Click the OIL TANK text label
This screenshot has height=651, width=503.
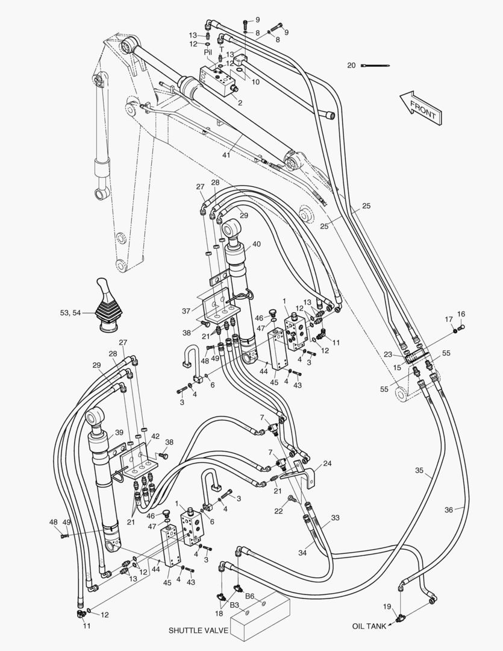point(370,626)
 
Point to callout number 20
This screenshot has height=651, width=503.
point(351,65)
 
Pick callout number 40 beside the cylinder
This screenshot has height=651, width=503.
point(257,244)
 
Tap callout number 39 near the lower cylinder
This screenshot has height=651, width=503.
point(119,432)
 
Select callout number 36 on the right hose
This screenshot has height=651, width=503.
point(449,510)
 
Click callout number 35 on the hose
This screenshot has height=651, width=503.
point(419,470)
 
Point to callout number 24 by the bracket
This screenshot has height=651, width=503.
point(327,464)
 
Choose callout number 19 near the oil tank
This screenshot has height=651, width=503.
point(387,606)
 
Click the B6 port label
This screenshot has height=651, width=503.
point(249,597)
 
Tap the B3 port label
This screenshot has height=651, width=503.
point(234,604)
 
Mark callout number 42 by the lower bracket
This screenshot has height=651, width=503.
point(155,436)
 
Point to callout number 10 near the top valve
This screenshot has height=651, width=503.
point(256,83)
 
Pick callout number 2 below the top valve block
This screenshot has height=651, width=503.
point(240,103)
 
